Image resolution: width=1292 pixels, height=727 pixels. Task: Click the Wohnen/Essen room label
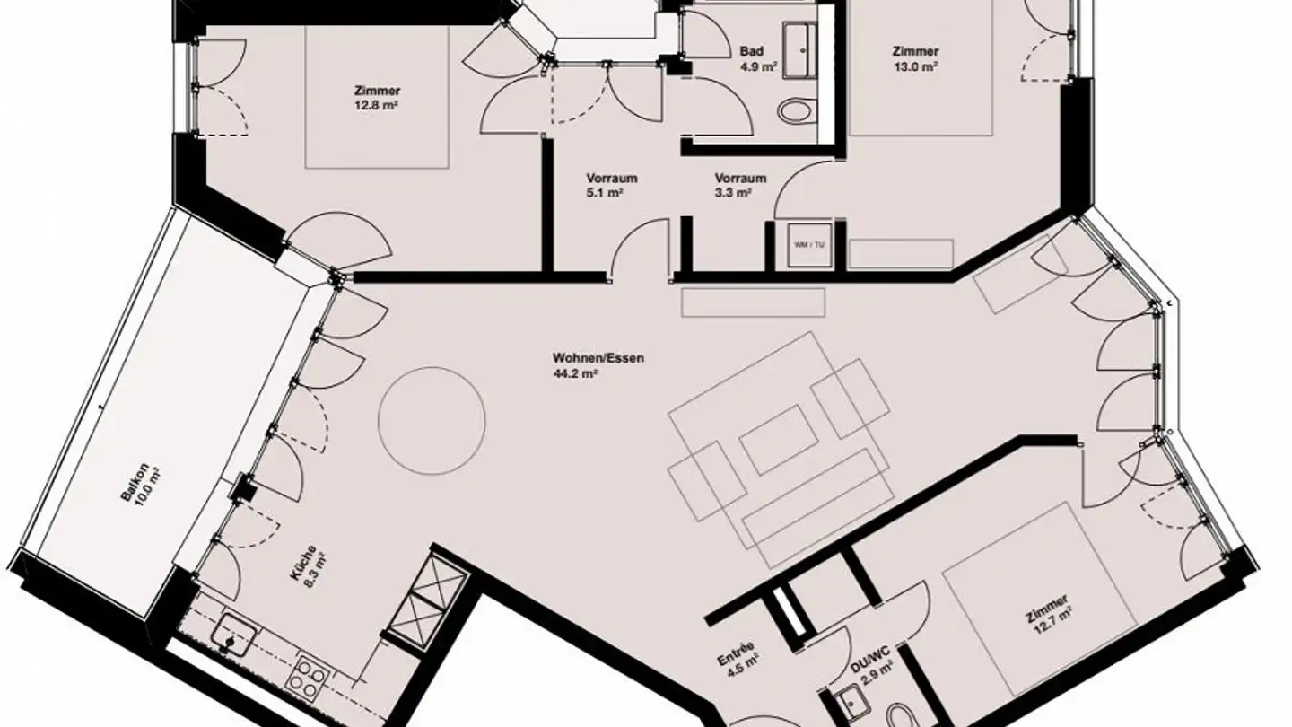(598, 358)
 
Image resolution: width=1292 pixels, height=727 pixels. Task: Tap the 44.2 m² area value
(577, 374)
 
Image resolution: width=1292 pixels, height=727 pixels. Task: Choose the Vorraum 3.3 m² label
(740, 184)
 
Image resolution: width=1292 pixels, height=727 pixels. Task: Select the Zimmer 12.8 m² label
(377, 97)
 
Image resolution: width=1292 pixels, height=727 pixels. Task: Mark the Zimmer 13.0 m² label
(915, 58)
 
